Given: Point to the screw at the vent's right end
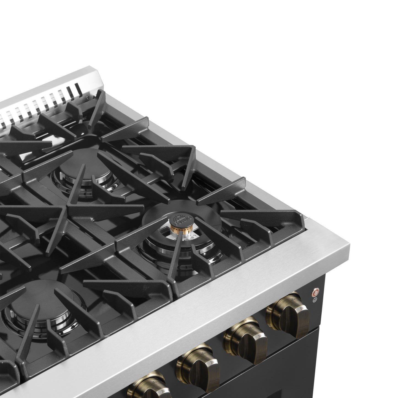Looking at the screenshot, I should pyautogui.click(x=88, y=97).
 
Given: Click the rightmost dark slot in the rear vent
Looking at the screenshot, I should pyautogui.click(x=78, y=89).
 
